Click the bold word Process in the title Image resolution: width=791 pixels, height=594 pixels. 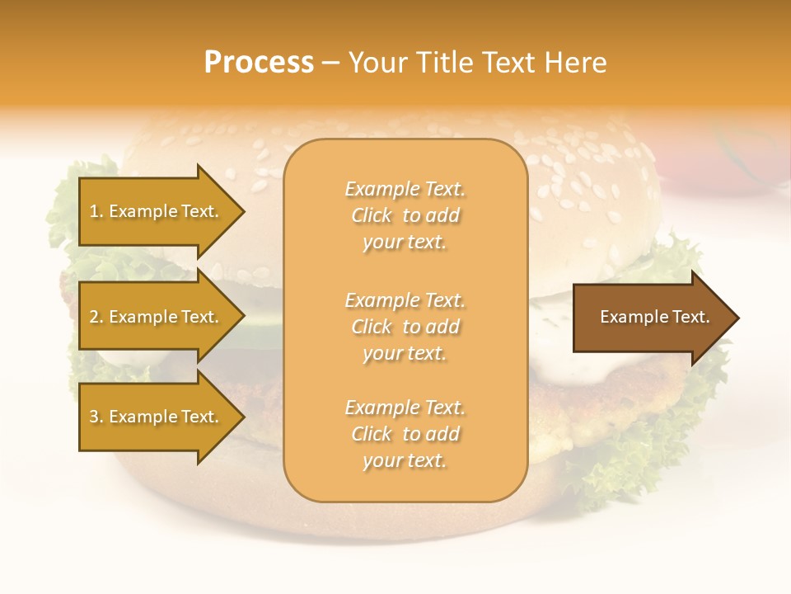click(259, 63)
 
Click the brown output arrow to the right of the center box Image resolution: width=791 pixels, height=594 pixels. click(651, 317)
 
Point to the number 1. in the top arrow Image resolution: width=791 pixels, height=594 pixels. click(96, 212)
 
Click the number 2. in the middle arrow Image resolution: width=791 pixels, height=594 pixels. click(96, 317)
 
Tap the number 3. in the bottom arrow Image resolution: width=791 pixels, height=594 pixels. click(96, 417)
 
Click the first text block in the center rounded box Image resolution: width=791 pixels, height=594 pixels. click(405, 215)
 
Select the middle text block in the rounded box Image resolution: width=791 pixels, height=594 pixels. click(405, 327)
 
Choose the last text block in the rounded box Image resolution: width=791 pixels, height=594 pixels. click(405, 434)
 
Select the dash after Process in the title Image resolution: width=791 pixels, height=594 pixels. click(330, 64)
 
